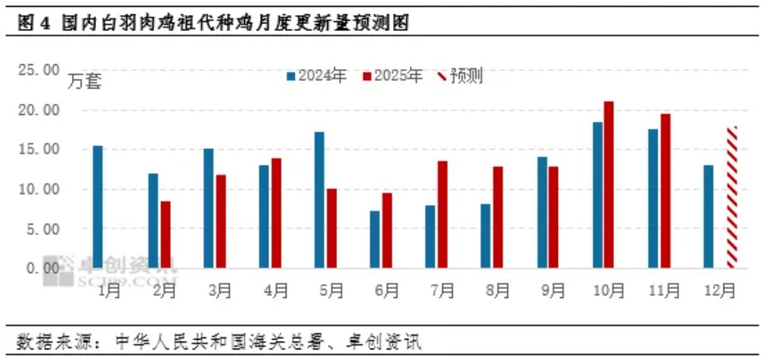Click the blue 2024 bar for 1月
(x=98, y=206)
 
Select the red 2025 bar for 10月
(x=609, y=184)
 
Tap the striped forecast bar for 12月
(x=732, y=197)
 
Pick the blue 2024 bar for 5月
(x=320, y=200)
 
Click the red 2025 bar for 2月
(x=165, y=234)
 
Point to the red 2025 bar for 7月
(x=442, y=214)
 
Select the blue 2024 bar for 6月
(x=375, y=239)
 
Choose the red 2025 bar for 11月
(x=665, y=191)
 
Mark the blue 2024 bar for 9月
(x=541, y=212)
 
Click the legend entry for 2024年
(x=317, y=76)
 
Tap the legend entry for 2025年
(x=393, y=76)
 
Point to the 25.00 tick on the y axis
(x=39, y=70)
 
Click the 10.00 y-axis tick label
(x=39, y=189)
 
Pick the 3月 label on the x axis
(x=220, y=290)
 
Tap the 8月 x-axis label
(x=497, y=290)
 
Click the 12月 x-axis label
(x=719, y=290)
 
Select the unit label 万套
(x=85, y=80)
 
